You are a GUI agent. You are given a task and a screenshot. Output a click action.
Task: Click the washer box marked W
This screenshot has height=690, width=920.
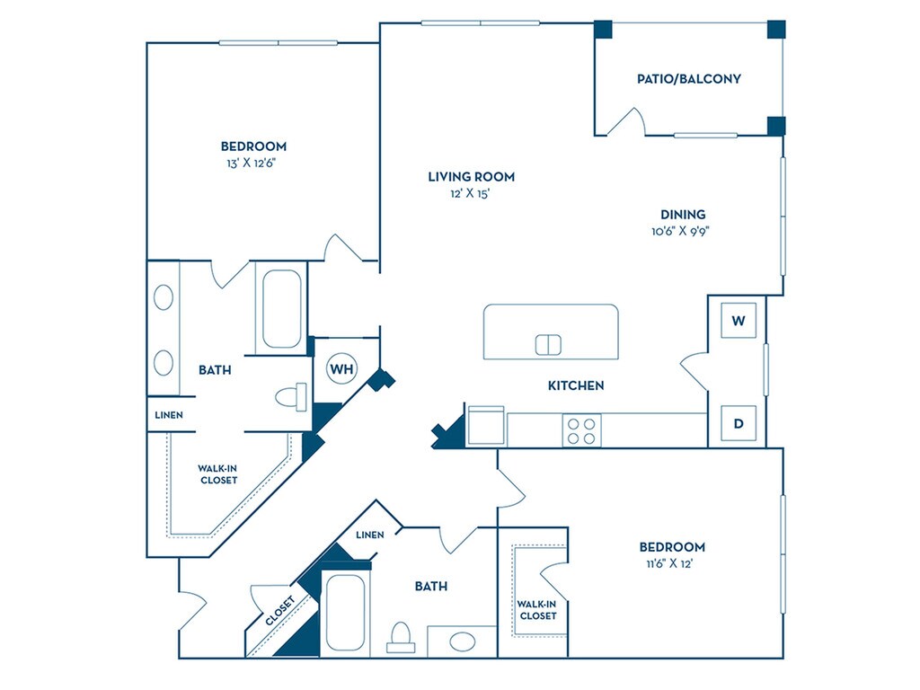tap(739, 321)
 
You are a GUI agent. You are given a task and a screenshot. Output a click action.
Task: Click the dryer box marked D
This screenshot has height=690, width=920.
tap(739, 423)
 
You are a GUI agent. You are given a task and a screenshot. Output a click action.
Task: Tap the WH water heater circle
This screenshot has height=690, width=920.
tap(341, 369)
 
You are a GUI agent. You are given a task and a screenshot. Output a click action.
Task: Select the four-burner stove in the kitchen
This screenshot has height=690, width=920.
tap(581, 430)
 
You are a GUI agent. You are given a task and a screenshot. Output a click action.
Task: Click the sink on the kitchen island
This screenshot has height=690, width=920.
tap(548, 345)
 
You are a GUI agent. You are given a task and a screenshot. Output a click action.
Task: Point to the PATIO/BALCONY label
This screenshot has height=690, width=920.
tap(689, 79)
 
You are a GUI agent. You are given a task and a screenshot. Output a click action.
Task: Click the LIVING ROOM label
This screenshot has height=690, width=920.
tap(471, 177)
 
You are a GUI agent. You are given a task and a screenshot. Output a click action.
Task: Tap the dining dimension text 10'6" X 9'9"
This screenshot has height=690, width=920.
tap(681, 231)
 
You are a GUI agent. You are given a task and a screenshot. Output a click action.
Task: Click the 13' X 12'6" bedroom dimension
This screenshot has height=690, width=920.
tap(252, 164)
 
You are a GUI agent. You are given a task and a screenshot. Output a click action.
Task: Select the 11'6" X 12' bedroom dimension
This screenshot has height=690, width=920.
tap(669, 564)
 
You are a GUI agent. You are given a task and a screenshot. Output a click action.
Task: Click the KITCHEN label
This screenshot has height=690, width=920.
tap(576, 385)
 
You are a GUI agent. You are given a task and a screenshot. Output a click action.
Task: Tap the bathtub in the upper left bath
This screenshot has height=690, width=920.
tap(281, 309)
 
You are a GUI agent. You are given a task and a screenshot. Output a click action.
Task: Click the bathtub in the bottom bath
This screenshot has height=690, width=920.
tap(345, 612)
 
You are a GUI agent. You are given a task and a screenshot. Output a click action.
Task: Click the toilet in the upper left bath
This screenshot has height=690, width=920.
tap(292, 397)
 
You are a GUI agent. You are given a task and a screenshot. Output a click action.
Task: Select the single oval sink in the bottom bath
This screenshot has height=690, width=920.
tap(463, 641)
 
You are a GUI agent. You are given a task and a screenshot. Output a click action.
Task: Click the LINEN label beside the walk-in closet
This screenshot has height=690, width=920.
tap(169, 415)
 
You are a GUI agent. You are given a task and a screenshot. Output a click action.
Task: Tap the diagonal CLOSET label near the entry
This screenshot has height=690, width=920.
tap(279, 610)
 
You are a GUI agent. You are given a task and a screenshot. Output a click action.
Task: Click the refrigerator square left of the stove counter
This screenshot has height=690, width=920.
tap(486, 425)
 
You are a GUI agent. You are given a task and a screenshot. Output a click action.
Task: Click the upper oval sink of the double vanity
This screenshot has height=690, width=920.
tap(164, 297)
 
